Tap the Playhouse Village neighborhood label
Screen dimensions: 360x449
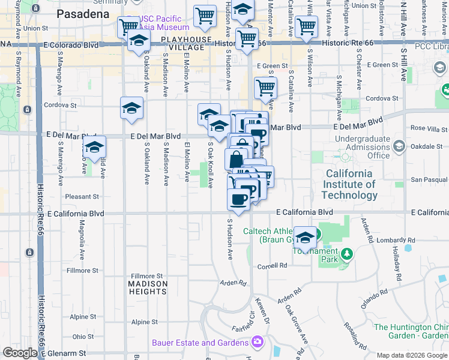pos(185,44)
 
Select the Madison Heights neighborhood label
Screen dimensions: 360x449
pos(147,287)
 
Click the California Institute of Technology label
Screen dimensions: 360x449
pos(349,184)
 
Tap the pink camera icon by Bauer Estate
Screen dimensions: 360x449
pos(258,342)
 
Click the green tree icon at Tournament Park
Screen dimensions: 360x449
pos(346,254)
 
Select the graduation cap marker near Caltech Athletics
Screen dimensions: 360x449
pos(305,237)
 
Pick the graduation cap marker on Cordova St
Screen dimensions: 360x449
pos(132,108)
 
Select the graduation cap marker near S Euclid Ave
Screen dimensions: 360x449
pos(94,146)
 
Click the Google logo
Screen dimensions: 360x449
pos(20,353)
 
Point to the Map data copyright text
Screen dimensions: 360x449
pos(411,355)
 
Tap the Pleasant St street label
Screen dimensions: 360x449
pos(82,196)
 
